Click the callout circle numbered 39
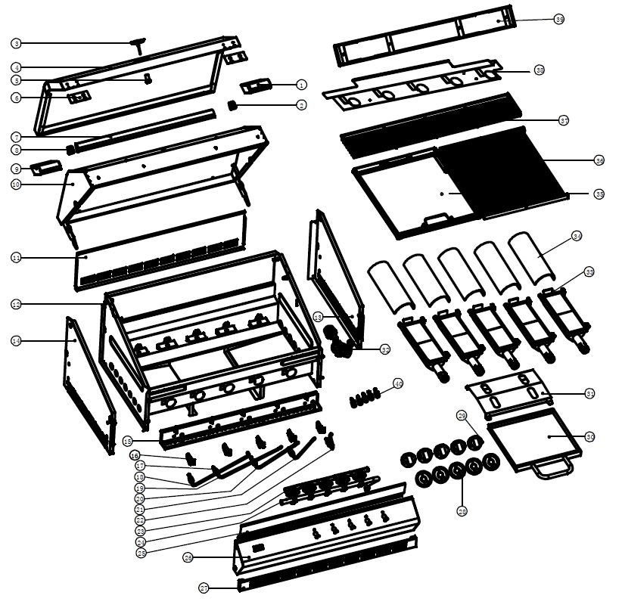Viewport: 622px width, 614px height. click(559, 20)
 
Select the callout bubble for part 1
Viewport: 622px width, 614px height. click(301, 85)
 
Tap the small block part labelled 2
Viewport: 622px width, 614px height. click(232, 105)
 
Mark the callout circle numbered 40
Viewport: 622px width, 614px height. click(398, 384)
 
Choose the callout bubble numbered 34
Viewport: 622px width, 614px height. click(577, 237)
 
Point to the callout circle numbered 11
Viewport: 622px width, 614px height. click(17, 258)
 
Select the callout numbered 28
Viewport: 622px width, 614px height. click(462, 512)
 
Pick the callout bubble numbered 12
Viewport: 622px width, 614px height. click(17, 304)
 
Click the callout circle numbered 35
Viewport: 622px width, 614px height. click(599, 194)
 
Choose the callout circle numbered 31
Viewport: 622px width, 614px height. click(590, 393)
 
